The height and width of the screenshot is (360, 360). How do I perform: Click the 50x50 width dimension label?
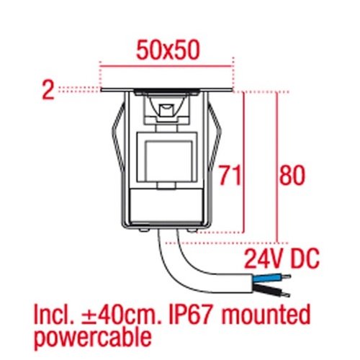[168, 50]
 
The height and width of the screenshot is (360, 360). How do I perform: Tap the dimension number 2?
[48, 90]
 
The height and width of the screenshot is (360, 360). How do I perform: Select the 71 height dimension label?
[230, 175]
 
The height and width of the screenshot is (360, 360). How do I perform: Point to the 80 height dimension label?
[292, 175]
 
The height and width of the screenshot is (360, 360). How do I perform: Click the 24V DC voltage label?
[282, 258]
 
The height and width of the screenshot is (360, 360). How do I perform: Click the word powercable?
[93, 338]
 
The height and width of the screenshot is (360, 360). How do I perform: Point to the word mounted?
[266, 314]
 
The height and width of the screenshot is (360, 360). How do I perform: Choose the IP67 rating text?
[190, 315]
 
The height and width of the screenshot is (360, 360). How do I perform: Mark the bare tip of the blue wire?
[286, 276]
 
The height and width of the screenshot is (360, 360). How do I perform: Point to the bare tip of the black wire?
[286, 294]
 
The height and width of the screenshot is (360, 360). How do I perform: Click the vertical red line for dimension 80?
[277, 167]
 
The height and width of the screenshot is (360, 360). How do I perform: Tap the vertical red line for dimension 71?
[243, 162]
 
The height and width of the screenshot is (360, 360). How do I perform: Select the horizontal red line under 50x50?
[167, 66]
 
